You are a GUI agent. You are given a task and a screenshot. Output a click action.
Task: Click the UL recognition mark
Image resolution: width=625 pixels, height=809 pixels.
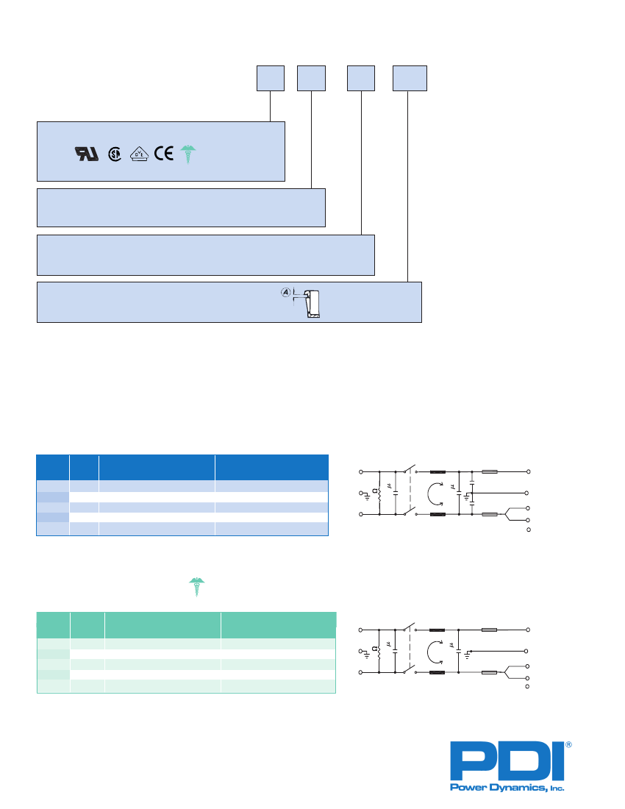[87, 154]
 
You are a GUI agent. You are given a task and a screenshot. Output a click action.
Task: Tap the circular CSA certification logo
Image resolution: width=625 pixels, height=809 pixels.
[115, 154]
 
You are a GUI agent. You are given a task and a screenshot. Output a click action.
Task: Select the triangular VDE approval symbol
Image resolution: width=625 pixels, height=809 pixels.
[139, 154]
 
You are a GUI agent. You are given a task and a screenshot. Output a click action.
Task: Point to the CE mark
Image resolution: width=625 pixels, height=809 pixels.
[164, 154]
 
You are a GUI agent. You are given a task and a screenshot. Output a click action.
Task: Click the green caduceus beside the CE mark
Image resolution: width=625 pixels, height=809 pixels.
[188, 154]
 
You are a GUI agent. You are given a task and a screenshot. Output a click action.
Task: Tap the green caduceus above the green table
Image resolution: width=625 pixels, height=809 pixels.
[196, 587]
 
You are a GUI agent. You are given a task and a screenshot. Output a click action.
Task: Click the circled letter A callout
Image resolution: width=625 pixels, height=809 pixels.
[286, 293]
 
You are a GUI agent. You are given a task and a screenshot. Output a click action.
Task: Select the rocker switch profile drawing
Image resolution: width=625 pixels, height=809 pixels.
[312, 304]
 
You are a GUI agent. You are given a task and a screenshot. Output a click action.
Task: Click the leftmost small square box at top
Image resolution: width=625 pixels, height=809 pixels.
[271, 79]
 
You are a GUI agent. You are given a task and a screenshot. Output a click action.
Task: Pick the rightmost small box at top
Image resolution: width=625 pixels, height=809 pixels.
[410, 79]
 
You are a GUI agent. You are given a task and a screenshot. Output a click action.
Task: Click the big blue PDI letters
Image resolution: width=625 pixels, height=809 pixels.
[507, 761]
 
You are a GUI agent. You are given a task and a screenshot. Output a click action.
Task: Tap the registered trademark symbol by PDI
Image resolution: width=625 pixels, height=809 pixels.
[569, 745]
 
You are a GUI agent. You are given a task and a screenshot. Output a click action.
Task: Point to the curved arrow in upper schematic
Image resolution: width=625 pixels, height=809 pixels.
[435, 493]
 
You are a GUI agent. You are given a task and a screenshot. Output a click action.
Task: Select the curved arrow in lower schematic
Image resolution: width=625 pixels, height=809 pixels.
[435, 652]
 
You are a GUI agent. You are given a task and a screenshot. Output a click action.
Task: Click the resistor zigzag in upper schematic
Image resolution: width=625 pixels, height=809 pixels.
[379, 493]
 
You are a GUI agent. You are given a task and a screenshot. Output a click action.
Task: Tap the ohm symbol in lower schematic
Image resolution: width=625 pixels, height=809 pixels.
[374, 649]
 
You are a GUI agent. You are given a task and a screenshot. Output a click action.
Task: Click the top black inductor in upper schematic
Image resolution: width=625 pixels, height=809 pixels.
[438, 471]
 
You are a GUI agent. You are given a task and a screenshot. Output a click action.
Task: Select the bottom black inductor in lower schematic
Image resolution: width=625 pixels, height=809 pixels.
[438, 672]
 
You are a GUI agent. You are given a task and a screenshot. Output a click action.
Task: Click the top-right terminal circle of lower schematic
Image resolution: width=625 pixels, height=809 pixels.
[527, 630]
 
